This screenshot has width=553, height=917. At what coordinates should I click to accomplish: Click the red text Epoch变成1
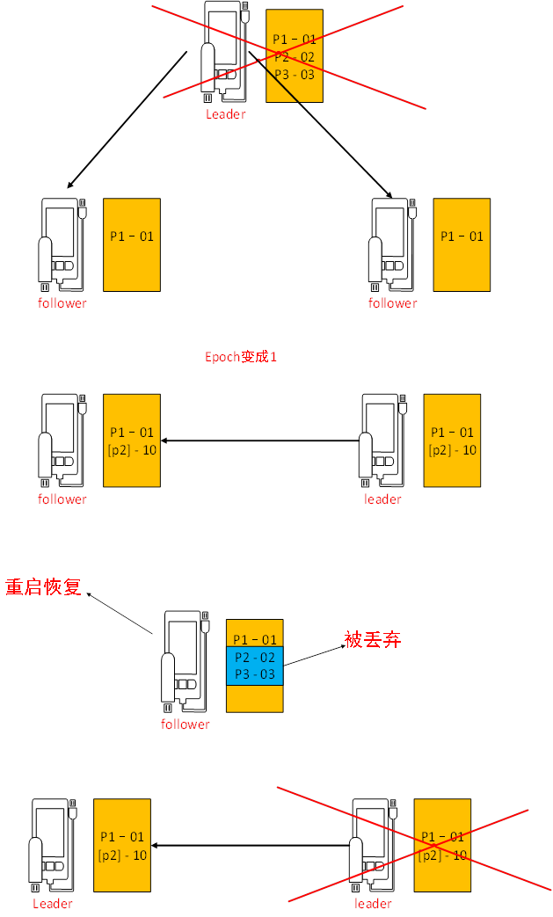coord(241,357)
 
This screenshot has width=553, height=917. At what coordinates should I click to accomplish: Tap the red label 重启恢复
coord(43,587)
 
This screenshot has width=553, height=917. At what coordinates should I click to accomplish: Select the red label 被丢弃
coord(373,640)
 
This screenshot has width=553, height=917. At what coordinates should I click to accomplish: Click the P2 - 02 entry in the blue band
coord(254,657)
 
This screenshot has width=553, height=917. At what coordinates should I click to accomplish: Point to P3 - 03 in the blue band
coord(254,674)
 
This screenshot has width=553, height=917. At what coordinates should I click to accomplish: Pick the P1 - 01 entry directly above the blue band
coord(254,639)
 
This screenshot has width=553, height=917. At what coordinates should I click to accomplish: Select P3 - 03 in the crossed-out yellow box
coord(294,75)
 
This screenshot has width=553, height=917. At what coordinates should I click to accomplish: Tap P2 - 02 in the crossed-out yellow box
coord(294,57)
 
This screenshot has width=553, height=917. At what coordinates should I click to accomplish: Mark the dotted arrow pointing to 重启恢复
coord(120,614)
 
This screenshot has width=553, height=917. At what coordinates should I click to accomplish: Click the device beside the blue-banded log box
coord(186,660)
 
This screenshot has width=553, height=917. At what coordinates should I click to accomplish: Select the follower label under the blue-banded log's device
coord(186,724)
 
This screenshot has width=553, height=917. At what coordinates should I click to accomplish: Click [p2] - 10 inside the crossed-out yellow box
coord(442,855)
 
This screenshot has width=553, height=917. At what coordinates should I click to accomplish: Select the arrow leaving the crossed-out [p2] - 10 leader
coord(251,846)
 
